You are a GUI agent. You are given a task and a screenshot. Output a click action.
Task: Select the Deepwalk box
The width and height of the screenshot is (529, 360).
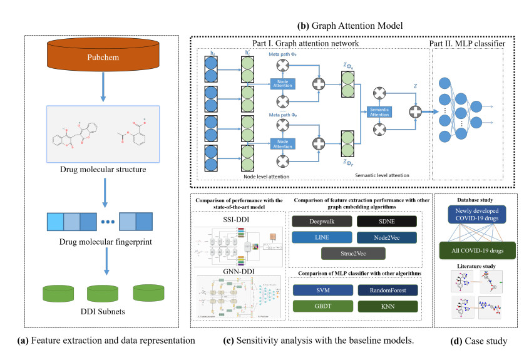point(316,221)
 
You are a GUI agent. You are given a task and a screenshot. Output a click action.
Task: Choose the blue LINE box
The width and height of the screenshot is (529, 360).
point(316,238)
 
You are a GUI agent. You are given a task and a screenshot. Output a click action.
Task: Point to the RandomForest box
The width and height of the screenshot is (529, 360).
point(383,291)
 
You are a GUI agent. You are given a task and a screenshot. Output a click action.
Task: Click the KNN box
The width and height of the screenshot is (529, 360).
point(383,307)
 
